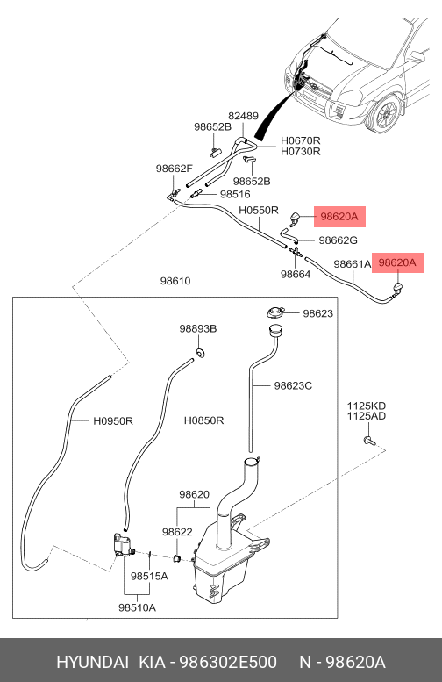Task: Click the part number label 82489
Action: (x=244, y=116)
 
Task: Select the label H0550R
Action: (x=259, y=210)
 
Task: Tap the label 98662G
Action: (x=339, y=240)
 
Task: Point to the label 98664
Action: (x=296, y=274)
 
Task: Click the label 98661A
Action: (x=353, y=264)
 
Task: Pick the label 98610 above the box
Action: (x=175, y=281)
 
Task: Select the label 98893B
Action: (x=198, y=329)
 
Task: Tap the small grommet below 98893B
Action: (x=200, y=352)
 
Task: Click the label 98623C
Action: (x=293, y=386)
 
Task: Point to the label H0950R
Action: (x=113, y=421)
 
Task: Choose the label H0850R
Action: (x=203, y=420)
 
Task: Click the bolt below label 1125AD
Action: (x=367, y=441)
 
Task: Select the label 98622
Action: (x=177, y=532)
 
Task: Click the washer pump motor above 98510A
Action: (x=123, y=544)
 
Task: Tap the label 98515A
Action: (x=149, y=577)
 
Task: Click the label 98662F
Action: (x=174, y=169)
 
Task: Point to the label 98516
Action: (x=235, y=195)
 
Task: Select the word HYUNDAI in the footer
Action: (x=93, y=662)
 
